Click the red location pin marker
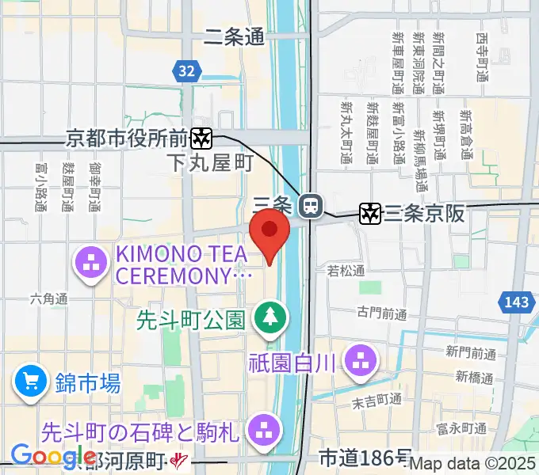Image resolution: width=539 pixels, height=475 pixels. point(269,234)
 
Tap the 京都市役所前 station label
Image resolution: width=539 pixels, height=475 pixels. point(127,138)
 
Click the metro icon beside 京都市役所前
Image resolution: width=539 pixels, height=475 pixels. point(202,139)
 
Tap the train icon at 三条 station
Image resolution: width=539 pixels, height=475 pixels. point(312,207)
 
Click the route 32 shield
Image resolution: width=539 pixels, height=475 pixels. point(185,71)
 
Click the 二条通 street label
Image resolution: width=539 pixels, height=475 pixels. point(234,36)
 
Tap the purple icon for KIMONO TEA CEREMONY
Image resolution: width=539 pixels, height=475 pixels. point(92,263)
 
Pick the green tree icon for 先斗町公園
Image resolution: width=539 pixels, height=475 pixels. point(271,318)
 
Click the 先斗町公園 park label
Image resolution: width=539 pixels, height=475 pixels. point(190,320)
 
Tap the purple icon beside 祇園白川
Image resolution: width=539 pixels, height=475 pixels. point(361,361)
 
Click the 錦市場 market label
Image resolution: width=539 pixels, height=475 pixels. point(88,385)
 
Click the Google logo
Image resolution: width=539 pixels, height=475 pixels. point(54,456)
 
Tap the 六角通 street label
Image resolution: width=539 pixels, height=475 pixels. point(49,298)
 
